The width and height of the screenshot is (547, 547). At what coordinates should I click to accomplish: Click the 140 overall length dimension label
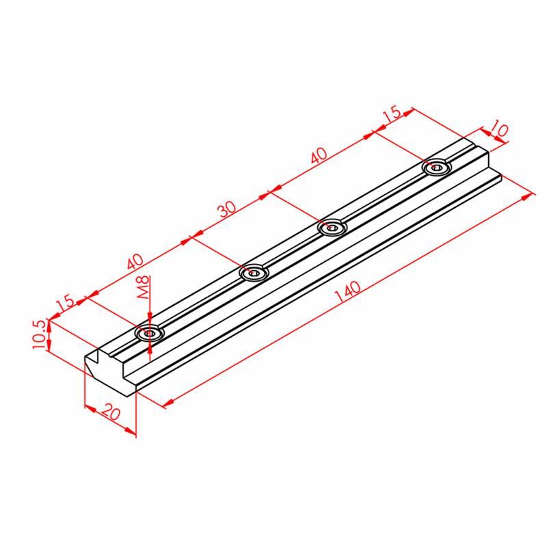pyautogui.click(x=347, y=292)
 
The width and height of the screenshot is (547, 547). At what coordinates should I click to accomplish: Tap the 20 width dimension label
pyautogui.click(x=111, y=412)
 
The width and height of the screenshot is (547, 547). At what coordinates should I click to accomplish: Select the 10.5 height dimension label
pyautogui.click(x=39, y=334)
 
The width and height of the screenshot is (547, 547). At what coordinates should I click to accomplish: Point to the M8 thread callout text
pyautogui.click(x=144, y=287)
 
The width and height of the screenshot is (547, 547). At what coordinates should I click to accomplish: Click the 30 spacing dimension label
pyautogui.click(x=227, y=209)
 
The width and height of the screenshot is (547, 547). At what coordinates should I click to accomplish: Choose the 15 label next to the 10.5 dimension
pyautogui.click(x=66, y=303)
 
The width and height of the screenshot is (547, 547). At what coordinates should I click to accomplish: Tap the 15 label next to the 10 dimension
pyautogui.click(x=392, y=114)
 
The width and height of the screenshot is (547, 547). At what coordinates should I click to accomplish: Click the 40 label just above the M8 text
pyautogui.click(x=135, y=262)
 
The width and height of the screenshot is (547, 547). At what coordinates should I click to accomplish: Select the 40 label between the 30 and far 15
pyautogui.click(x=319, y=156)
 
